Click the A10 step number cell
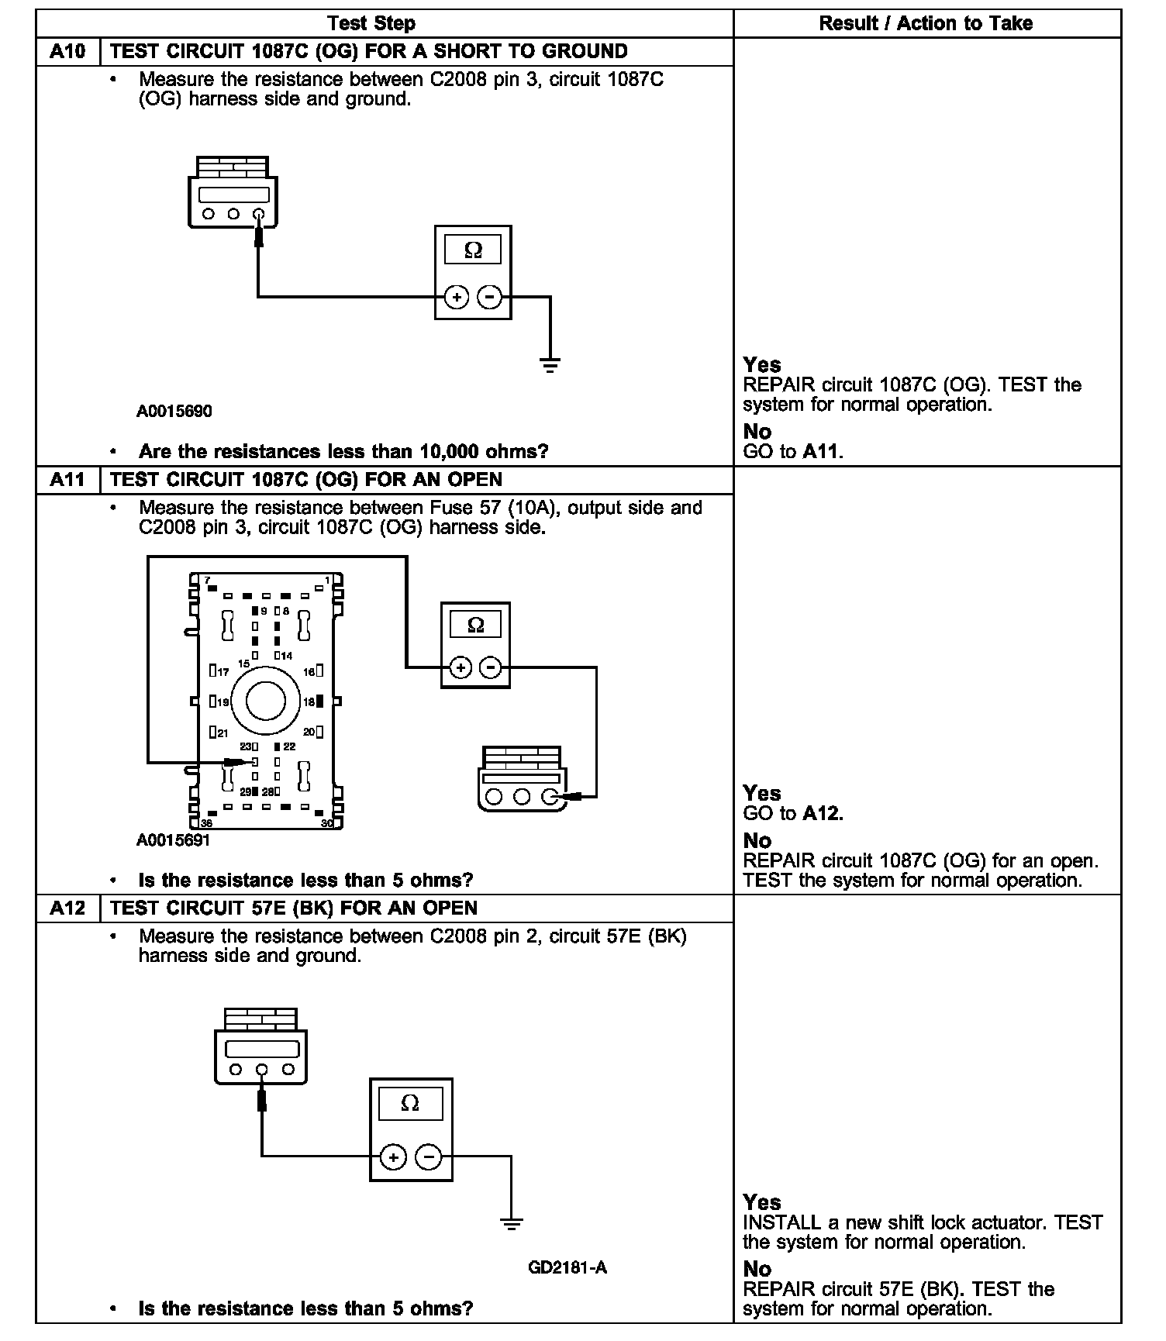tap(67, 52)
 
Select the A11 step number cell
tap(67, 480)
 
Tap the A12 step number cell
tap(67, 908)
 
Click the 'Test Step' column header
tap(371, 23)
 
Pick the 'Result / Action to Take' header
tap(926, 23)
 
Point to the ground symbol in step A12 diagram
tap(511, 1224)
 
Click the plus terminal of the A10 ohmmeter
tap(457, 297)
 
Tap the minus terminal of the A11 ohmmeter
tap(491, 667)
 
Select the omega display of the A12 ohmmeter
tap(410, 1103)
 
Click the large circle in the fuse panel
tap(266, 701)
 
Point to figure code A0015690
tap(174, 412)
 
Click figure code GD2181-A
tap(567, 1268)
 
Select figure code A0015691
tap(173, 840)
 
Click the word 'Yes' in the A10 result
tap(761, 365)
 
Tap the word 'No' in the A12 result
tap(757, 1269)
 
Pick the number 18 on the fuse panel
tap(309, 702)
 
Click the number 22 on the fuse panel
tap(289, 746)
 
